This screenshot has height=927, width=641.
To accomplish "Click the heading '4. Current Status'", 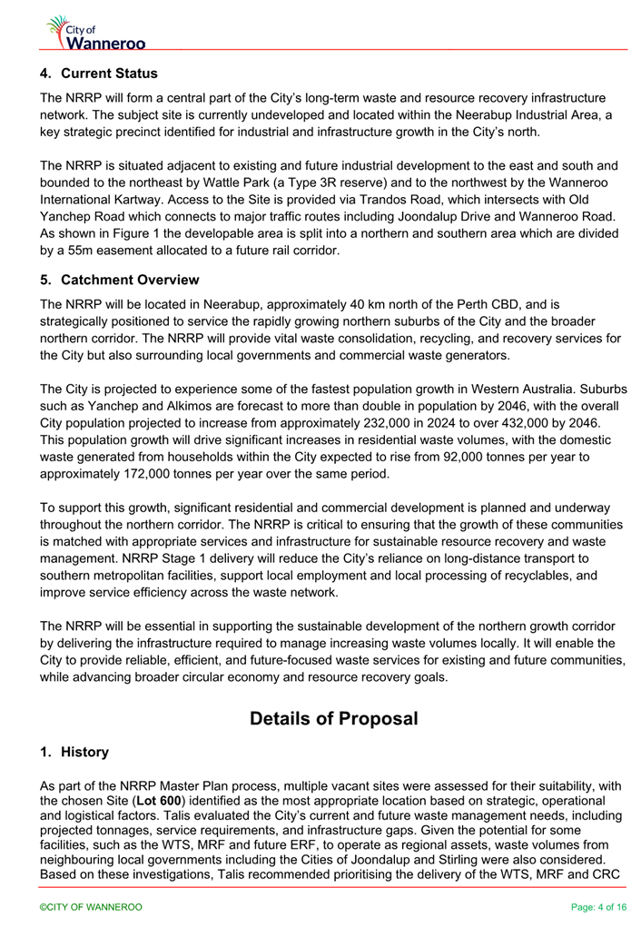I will click(x=99, y=74).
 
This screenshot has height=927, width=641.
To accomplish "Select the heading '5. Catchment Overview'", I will click(x=119, y=279).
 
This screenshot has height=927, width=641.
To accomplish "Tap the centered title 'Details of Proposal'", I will click(x=333, y=718).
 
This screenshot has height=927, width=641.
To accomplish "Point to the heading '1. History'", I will click(x=74, y=752).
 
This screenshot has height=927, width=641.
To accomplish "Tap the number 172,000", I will click(x=147, y=475).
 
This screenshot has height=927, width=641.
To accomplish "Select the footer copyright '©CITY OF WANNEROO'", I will click(x=91, y=907).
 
